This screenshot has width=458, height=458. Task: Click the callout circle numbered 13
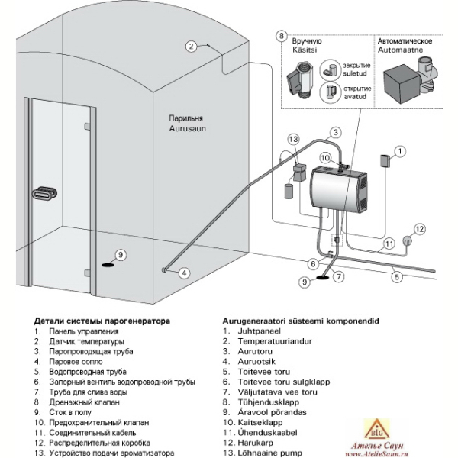(x=294, y=140)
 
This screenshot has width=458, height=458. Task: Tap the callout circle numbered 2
(x=192, y=46)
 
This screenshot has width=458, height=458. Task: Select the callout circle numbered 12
(x=419, y=229)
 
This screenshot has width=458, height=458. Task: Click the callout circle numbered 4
(x=184, y=273)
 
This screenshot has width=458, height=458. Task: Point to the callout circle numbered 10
(x=325, y=158)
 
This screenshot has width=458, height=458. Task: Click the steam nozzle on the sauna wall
(x=164, y=270)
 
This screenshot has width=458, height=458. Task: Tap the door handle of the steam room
(x=44, y=193)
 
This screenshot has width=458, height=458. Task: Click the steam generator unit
(x=339, y=189)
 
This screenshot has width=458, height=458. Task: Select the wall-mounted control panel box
(x=385, y=161)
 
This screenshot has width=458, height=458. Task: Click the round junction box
(x=407, y=240)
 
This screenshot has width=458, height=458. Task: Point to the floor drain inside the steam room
(x=108, y=265)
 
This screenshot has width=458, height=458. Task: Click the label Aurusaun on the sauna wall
(x=188, y=128)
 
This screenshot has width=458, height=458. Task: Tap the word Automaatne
(x=400, y=50)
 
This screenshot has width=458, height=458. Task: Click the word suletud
(x=354, y=73)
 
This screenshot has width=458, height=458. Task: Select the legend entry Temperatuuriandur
(x=275, y=341)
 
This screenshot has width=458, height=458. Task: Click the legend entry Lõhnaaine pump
(x=270, y=453)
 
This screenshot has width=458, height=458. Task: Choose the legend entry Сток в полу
(x=70, y=412)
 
